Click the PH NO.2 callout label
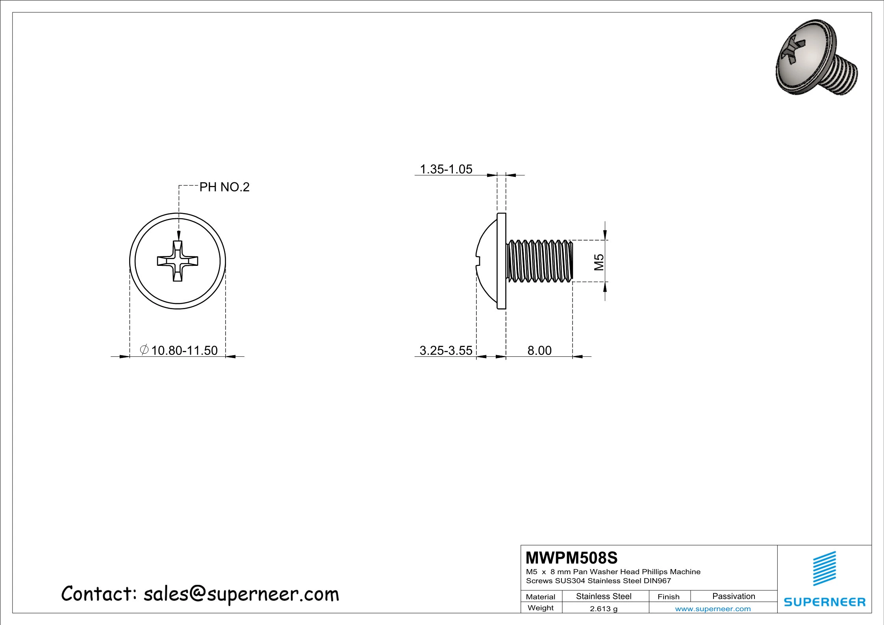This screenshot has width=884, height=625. pos(224,187)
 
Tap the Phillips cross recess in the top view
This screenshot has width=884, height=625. pos(178,261)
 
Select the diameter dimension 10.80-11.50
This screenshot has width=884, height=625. pos(184,350)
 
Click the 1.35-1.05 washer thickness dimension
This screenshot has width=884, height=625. pos(446,169)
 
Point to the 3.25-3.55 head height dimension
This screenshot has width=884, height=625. pos(446,350)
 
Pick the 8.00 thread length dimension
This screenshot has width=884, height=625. pos(539,350)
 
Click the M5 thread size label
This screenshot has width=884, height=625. pos(599,262)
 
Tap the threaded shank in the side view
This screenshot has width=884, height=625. pos(539,261)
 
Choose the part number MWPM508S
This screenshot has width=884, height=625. pos(572,558)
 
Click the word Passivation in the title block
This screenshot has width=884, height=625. pos(734,596)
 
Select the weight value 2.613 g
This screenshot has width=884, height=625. pos(604,609)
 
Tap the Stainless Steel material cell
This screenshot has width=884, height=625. pos(604,596)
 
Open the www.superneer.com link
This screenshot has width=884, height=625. pos(713,609)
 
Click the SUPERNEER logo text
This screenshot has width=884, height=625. pos(825,602)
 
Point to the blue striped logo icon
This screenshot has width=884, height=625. pos(825,569)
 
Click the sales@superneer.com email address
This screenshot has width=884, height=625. pos(241,594)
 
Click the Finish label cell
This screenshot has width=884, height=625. pos(668,597)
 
